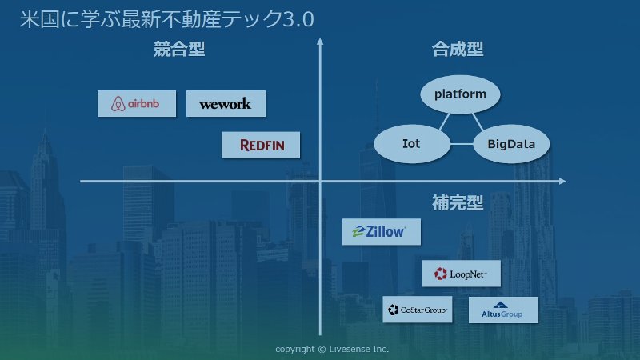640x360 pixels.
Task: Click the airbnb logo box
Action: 137,104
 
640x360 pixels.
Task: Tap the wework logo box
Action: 226,104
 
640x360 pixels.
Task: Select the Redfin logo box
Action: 261,145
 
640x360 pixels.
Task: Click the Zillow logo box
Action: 382,232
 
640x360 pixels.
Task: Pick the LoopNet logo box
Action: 462,274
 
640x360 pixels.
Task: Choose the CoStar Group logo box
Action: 417,310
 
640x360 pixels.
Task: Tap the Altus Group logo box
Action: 503,310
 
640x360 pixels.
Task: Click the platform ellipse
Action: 460,94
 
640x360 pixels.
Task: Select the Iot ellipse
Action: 412,144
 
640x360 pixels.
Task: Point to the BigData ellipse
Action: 511,144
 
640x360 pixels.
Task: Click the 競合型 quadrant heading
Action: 179,49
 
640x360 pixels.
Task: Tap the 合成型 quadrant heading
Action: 458,49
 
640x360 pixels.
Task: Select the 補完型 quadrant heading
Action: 458,202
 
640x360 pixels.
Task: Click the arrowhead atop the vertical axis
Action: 320,42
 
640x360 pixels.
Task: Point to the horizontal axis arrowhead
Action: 562,181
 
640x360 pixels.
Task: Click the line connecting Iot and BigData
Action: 462,144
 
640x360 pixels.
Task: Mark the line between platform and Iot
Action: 444,122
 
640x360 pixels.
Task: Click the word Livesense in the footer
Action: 350,349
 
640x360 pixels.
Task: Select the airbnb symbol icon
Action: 118,104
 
